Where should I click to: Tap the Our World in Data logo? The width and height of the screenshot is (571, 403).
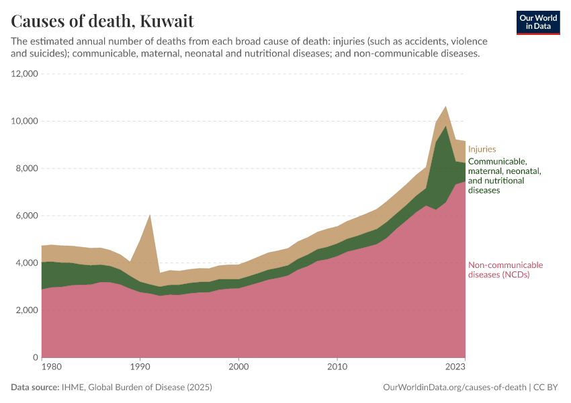coord(537,22)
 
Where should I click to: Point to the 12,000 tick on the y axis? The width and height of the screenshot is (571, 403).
coord(25,74)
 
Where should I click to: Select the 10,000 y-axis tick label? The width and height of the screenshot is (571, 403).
coord(25,121)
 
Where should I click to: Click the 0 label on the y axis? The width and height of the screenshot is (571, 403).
coord(35,357)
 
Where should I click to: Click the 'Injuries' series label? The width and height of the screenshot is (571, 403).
coord(482,149)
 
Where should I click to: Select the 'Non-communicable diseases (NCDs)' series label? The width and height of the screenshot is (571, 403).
coord(505,269)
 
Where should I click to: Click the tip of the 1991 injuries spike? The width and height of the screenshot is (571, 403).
coord(150,214)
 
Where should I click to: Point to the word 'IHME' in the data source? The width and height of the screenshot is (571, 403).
coord(73,388)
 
